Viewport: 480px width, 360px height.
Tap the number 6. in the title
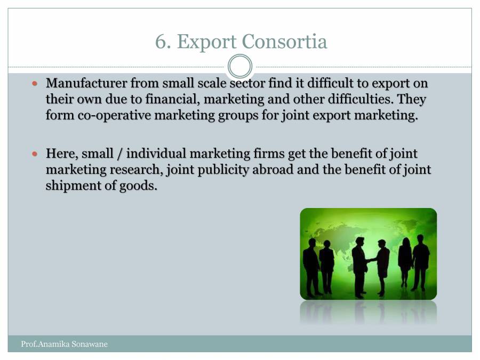tap(163, 42)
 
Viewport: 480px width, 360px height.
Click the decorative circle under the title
tap(240, 67)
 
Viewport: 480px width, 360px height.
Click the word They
tap(412, 100)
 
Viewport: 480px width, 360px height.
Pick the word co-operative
tap(109, 116)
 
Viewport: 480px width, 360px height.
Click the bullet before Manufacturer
tap(36, 84)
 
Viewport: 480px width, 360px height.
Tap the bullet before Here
tap(36, 155)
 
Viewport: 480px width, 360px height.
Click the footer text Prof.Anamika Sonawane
tap(64, 344)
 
